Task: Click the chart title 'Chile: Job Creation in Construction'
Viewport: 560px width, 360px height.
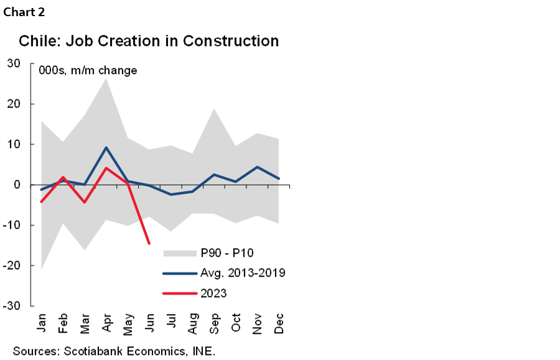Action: pyautogui.click(x=149, y=42)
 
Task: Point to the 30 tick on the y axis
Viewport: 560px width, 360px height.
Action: pyautogui.click(x=14, y=63)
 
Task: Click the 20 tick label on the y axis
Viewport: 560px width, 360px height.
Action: pyautogui.click(x=14, y=104)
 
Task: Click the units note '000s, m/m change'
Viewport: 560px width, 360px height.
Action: pyautogui.click(x=88, y=71)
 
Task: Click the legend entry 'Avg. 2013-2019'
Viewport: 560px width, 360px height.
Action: pyautogui.click(x=243, y=273)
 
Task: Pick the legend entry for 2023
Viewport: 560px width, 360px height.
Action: pyautogui.click(x=214, y=293)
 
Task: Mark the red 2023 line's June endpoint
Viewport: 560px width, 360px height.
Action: pyautogui.click(x=149, y=244)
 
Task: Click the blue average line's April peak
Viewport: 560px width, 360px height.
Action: pyautogui.click(x=106, y=147)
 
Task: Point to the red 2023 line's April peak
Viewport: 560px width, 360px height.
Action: pyautogui.click(x=106, y=168)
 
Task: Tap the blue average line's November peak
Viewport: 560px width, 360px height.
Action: pyautogui.click(x=257, y=167)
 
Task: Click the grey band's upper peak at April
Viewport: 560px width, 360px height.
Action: pyautogui.click(x=106, y=78)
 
